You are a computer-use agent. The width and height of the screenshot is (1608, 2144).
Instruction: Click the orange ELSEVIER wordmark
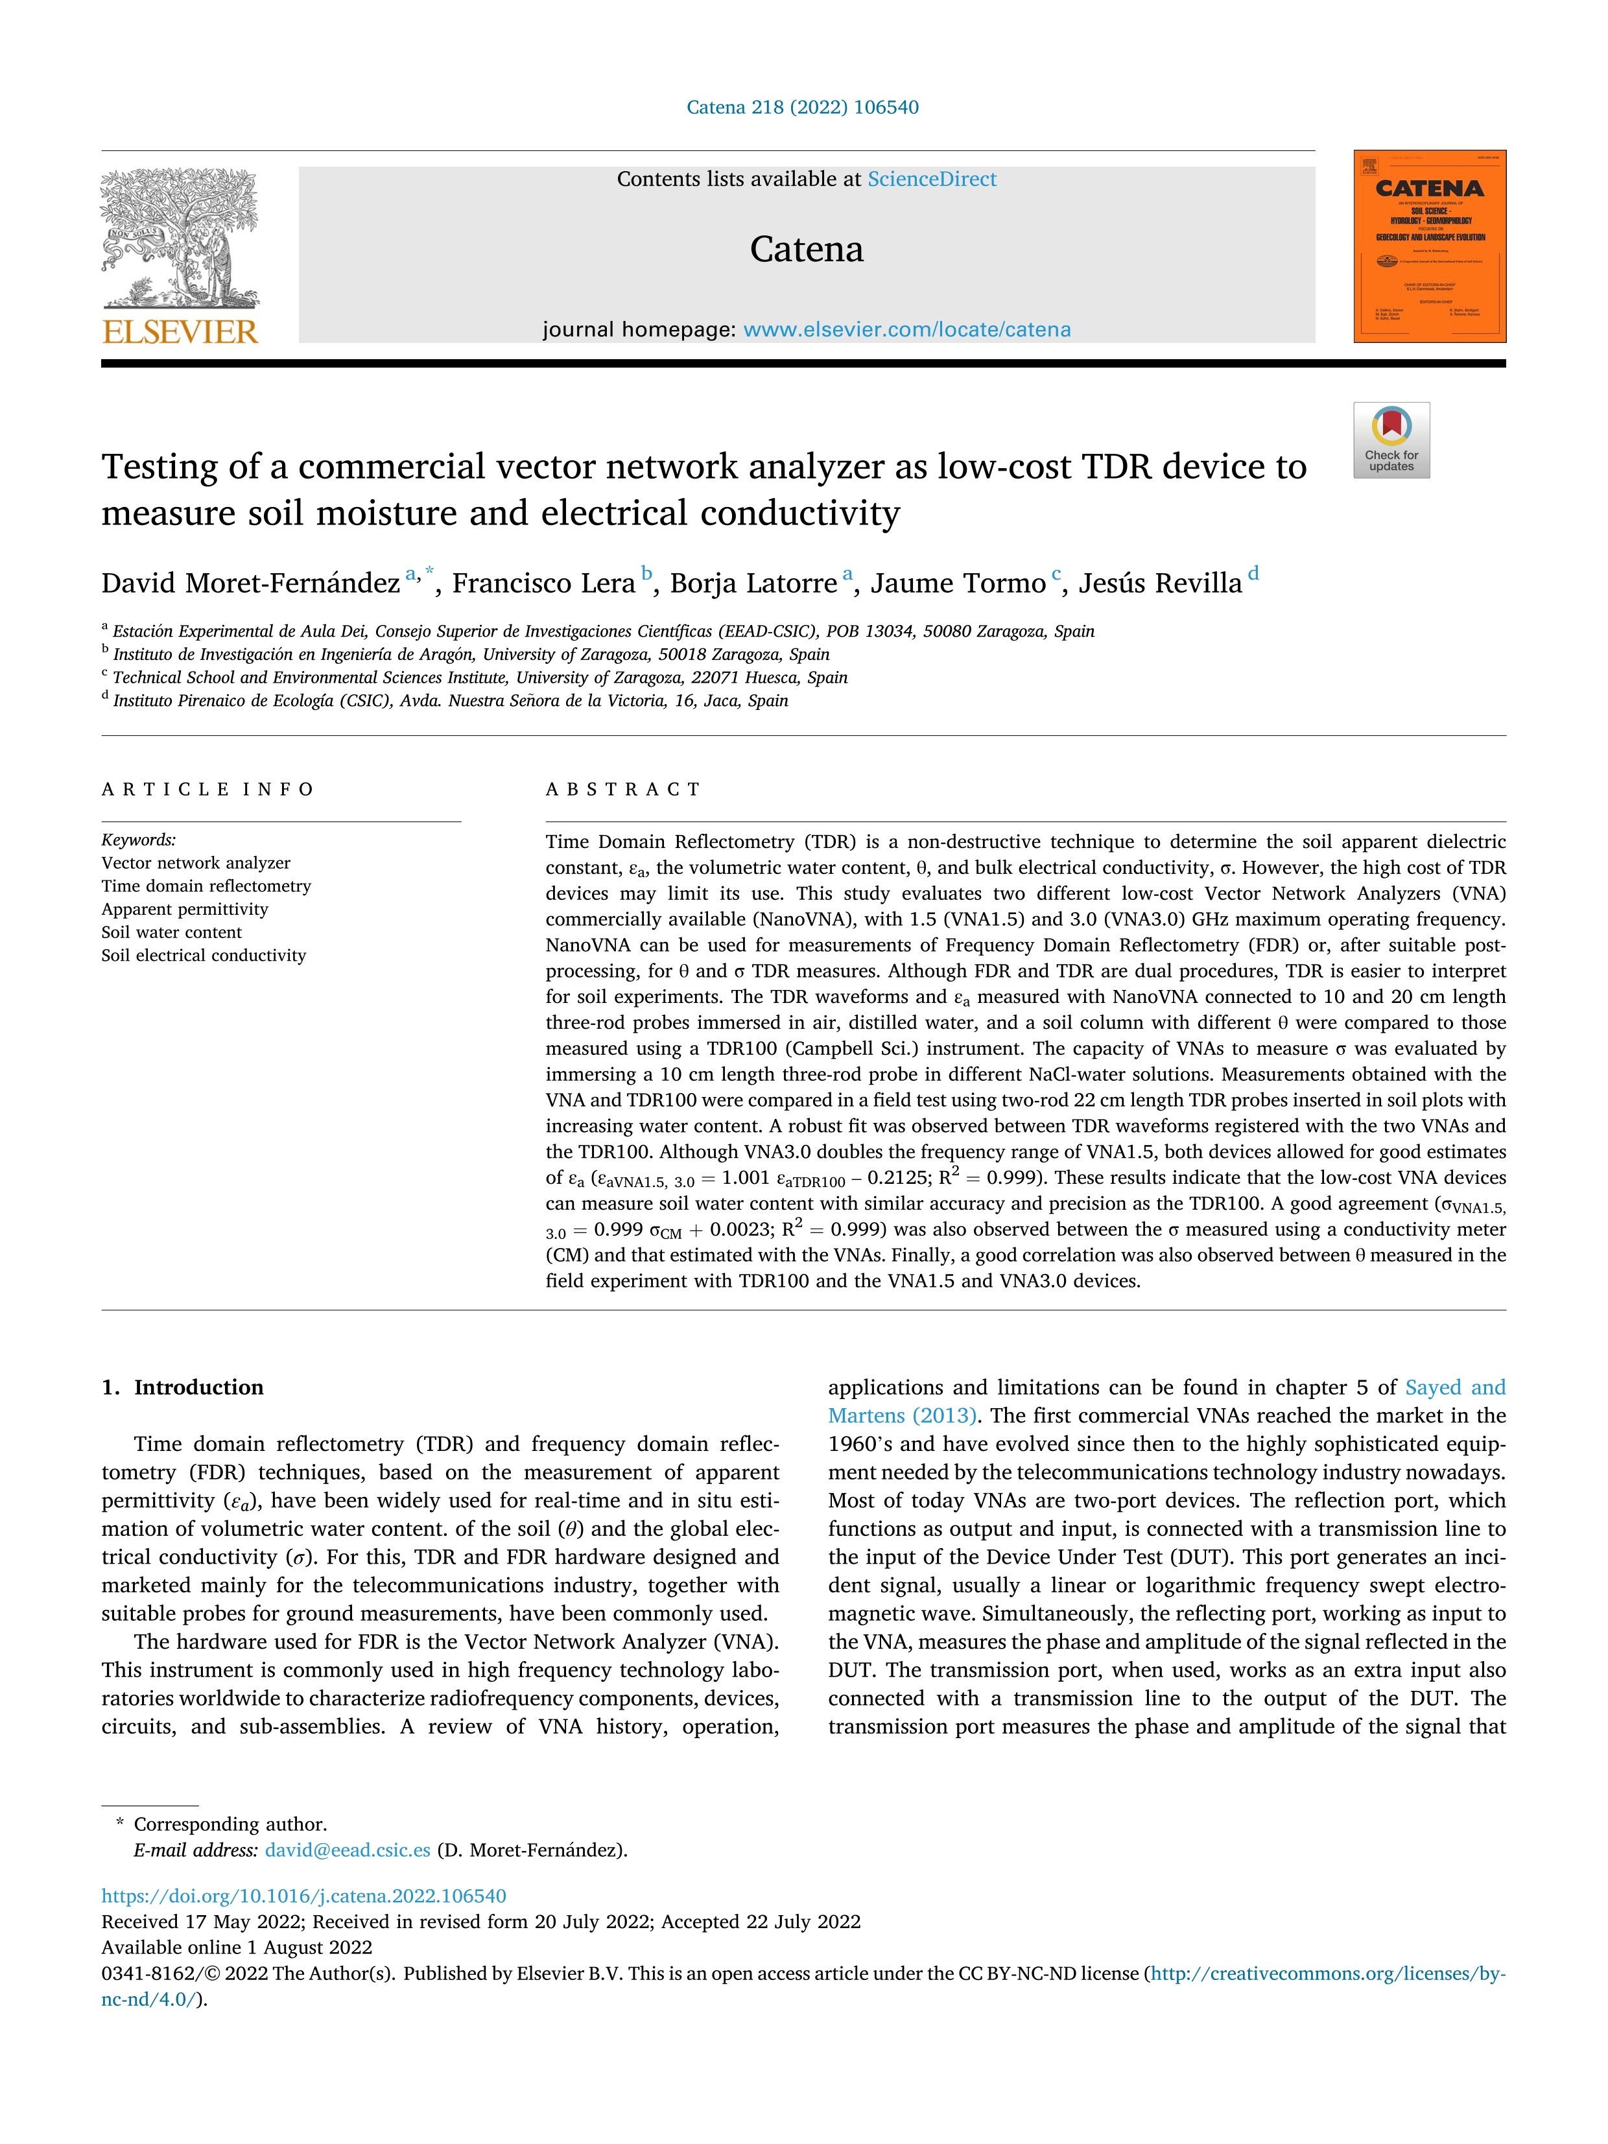pyautogui.click(x=180, y=333)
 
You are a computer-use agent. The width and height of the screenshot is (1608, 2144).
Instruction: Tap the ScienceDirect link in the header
pyautogui.click(x=932, y=180)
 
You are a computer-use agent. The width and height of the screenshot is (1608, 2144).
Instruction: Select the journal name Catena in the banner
pyautogui.click(x=807, y=249)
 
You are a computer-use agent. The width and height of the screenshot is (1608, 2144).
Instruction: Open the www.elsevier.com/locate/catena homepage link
pyautogui.click(x=907, y=329)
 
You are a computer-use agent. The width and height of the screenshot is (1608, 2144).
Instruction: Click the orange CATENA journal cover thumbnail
pyautogui.click(x=1430, y=246)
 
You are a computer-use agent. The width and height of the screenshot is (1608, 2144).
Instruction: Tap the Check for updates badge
pyautogui.click(x=1391, y=440)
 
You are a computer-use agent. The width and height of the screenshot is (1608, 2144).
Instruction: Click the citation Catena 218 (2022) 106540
pyautogui.click(x=803, y=108)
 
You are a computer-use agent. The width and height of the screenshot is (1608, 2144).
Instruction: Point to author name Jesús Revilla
pyautogui.click(x=1160, y=583)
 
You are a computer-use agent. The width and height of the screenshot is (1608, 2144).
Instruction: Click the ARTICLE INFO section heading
pyautogui.click(x=207, y=789)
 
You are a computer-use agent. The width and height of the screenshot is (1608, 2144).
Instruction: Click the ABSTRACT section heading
pyautogui.click(x=623, y=789)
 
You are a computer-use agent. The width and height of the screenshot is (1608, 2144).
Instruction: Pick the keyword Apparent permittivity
pyautogui.click(x=184, y=909)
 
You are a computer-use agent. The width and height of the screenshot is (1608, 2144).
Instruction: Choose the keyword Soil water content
pyautogui.click(x=172, y=932)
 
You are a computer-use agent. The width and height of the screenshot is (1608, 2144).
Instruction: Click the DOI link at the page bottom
pyautogui.click(x=303, y=1896)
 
